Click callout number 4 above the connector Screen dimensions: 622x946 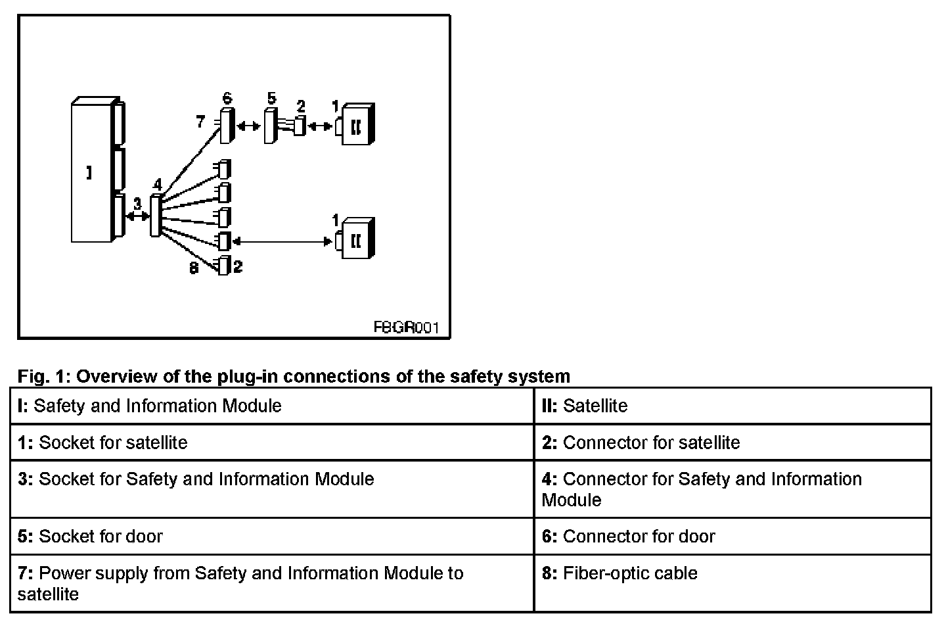pyautogui.click(x=157, y=185)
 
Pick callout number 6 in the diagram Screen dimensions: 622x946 pyautogui.click(x=227, y=99)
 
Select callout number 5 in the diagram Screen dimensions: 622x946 pyautogui.click(x=272, y=99)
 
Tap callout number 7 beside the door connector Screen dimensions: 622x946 pyautogui.click(x=201, y=122)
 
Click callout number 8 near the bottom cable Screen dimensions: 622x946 pyautogui.click(x=194, y=268)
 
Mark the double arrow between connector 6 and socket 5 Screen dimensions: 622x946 pyautogui.click(x=248, y=126)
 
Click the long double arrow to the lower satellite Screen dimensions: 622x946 pyautogui.click(x=282, y=242)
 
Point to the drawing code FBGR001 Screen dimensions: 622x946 pyautogui.click(x=405, y=327)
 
